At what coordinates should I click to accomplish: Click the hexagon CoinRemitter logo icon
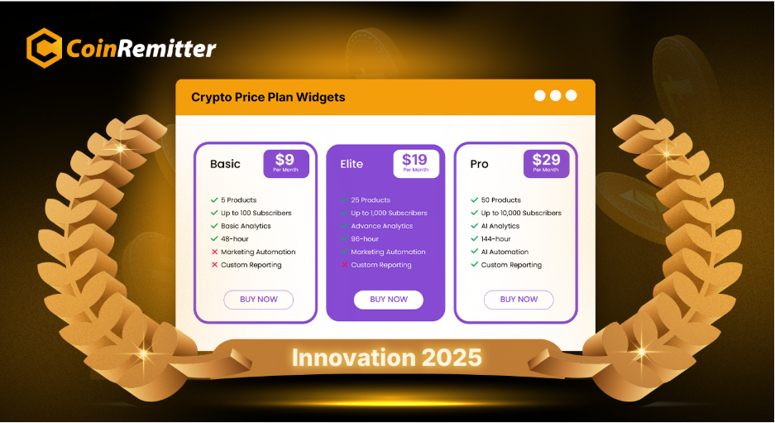pyautogui.click(x=44, y=48)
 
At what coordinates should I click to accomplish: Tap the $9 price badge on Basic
pyautogui.click(x=286, y=164)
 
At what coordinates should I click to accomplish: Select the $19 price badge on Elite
pyautogui.click(x=416, y=164)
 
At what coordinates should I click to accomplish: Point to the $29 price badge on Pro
pyautogui.click(x=546, y=164)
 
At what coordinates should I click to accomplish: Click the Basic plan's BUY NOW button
pyautogui.click(x=259, y=300)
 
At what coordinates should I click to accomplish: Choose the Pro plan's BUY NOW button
pyautogui.click(x=519, y=300)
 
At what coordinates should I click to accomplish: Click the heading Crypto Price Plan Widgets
pyautogui.click(x=268, y=98)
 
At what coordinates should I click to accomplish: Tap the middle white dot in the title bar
pyautogui.click(x=556, y=95)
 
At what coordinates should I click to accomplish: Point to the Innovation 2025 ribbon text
pyautogui.click(x=386, y=358)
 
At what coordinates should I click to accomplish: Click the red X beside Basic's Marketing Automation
pyautogui.click(x=214, y=252)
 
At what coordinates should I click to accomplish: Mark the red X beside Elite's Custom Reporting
pyautogui.click(x=345, y=265)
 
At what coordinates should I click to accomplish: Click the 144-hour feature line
pyautogui.click(x=495, y=239)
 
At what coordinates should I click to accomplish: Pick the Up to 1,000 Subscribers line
pyautogui.click(x=389, y=214)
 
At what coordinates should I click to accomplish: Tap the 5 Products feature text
pyautogui.click(x=239, y=199)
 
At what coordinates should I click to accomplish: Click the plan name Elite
pyautogui.click(x=352, y=164)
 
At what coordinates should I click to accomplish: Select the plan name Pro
pyautogui.click(x=479, y=164)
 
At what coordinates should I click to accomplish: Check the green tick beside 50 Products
pyautogui.click(x=475, y=199)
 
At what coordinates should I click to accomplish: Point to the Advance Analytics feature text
pyautogui.click(x=381, y=226)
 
